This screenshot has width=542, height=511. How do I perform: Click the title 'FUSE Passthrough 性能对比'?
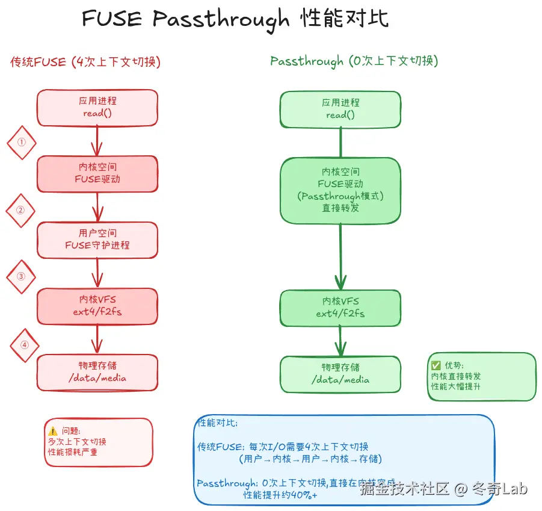click(235, 19)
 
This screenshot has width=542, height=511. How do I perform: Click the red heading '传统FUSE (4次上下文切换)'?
click(85, 61)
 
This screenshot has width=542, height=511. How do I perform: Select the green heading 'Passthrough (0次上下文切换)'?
click(354, 61)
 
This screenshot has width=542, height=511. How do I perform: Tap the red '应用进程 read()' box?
click(97, 108)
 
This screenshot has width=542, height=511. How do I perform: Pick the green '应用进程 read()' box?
click(340, 110)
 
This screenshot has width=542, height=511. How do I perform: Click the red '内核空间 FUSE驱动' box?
click(97, 173)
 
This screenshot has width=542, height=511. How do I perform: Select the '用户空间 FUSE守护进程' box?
click(97, 240)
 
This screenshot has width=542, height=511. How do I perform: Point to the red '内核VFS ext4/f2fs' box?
click(97, 305)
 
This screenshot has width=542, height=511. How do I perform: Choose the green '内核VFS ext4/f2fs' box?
click(340, 308)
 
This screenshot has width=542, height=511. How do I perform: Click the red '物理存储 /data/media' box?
click(97, 373)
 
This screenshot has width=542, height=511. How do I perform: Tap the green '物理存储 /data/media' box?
click(340, 374)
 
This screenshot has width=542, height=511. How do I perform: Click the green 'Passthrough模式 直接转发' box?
click(340, 190)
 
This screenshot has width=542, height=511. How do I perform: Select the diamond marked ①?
click(22, 143)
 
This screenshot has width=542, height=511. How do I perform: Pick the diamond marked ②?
click(20, 210)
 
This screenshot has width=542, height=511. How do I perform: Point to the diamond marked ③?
click(21, 277)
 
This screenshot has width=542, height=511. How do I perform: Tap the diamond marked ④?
click(25, 345)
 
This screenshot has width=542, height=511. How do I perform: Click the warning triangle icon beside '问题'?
click(53, 431)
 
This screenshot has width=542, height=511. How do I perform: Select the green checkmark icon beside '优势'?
click(436, 365)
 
